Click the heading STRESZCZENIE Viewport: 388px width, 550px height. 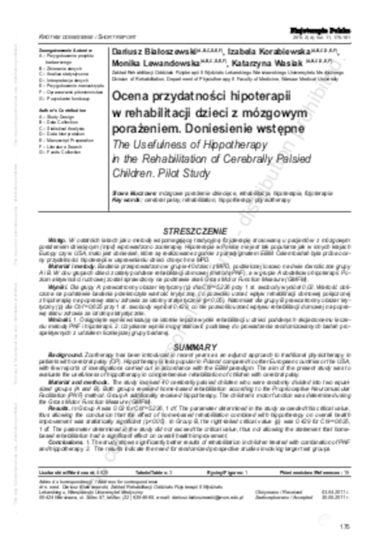tap(194, 231)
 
